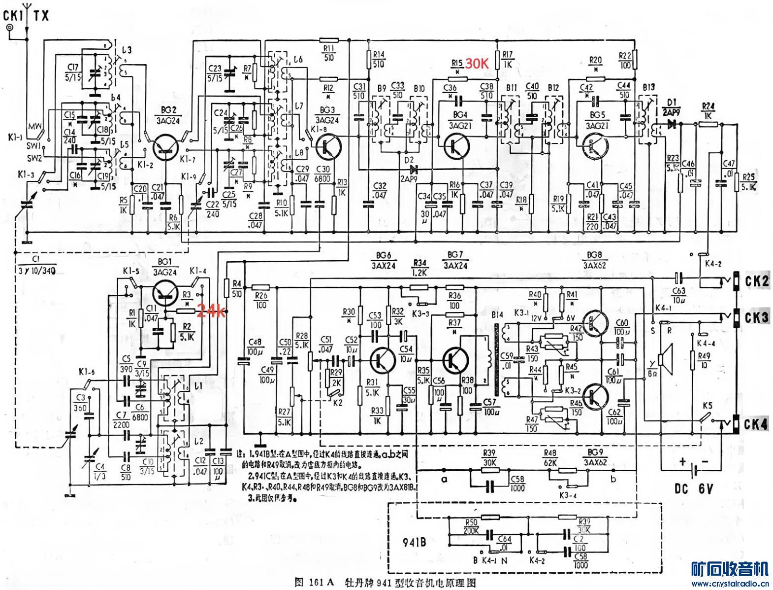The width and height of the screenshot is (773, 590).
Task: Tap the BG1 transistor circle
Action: pyautogui.click(x=165, y=293)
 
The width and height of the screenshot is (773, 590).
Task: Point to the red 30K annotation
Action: pyautogui.click(x=477, y=63)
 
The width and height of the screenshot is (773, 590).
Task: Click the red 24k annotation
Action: pyautogui.click(x=211, y=312)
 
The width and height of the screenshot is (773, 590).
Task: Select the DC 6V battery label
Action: pyautogui.click(x=694, y=489)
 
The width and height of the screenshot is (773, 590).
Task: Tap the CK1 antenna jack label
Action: pyautogui.click(x=13, y=16)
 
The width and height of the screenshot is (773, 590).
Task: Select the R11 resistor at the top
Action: pyautogui.click(x=328, y=40)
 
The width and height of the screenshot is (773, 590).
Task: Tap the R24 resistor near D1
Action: pyautogui.click(x=708, y=125)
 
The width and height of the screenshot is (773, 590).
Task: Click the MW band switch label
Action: pyautogui.click(x=34, y=126)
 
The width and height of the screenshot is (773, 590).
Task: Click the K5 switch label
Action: pyautogui.click(x=708, y=406)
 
